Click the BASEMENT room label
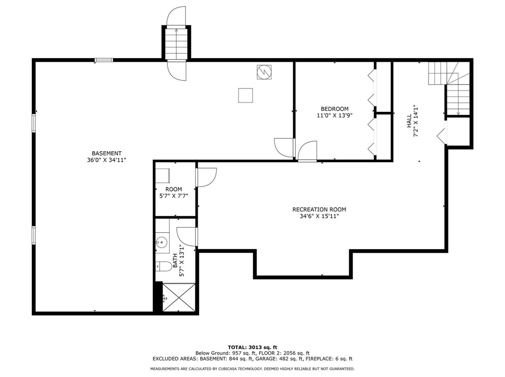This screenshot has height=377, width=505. [107, 154]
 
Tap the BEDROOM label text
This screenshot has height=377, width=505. [334, 109]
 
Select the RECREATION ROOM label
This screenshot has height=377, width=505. [319, 209]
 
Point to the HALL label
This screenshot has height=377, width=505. [409, 121]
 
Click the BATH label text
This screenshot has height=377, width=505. [175, 261]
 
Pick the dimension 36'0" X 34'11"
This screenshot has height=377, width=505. [107, 160]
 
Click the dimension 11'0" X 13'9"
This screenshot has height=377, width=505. [335, 115]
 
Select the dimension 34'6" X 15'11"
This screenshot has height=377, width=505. [319, 216]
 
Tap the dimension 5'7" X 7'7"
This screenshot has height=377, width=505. [174, 195]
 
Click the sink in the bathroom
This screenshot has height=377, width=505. [162, 241]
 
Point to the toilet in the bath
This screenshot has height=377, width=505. [164, 267]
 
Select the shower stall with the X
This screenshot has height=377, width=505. [179, 297]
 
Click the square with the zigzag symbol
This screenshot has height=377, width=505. [264, 72]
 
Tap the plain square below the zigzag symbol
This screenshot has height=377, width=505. [246, 95]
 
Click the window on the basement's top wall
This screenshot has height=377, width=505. [104, 60]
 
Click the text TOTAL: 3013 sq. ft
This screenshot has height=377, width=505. [252, 347]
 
